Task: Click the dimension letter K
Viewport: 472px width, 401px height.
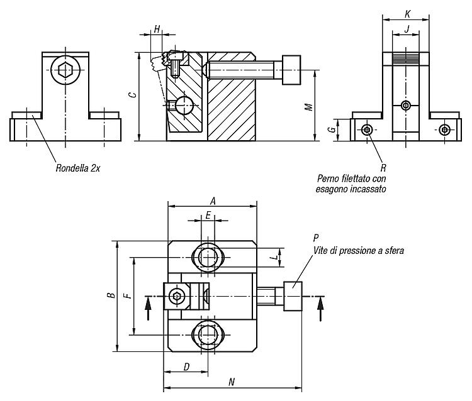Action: pyautogui.click(x=408, y=14)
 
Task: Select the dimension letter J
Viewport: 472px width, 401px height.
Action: pyautogui.click(x=407, y=29)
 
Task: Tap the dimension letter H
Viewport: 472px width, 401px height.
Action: pyautogui.click(x=157, y=29)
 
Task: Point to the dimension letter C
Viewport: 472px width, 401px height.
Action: pyautogui.click(x=132, y=95)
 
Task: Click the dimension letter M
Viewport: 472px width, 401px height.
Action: pyautogui.click(x=309, y=107)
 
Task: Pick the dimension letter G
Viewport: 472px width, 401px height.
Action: pyautogui.click(x=332, y=129)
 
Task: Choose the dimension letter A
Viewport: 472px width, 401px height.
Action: pyautogui.click(x=213, y=200)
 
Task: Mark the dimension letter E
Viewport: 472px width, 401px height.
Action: pyautogui.click(x=208, y=215)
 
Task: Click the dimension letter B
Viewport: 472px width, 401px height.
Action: pyautogui.click(x=111, y=295)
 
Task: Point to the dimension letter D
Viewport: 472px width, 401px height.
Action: pyautogui.click(x=187, y=366)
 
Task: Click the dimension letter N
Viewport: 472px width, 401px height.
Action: pyautogui.click(x=232, y=382)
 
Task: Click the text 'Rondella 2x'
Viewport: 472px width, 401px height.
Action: pyautogui.click(x=77, y=168)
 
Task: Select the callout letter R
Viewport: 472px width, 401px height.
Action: pyautogui.click(x=383, y=168)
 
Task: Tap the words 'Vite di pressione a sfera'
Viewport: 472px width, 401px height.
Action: pyautogui.click(x=359, y=250)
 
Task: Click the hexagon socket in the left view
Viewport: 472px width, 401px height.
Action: pyautogui.click(x=65, y=70)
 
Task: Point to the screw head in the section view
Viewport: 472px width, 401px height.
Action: pyautogui.click(x=291, y=70)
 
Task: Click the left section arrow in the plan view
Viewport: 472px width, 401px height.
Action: pyautogui.click(x=148, y=308)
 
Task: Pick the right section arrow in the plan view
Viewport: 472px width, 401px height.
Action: pyautogui.click(x=321, y=309)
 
